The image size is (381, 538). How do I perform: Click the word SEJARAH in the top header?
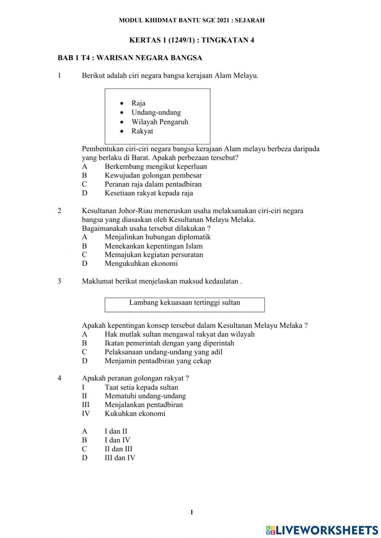[x=250, y=20]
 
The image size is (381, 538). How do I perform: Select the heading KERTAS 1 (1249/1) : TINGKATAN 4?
[x=192, y=40]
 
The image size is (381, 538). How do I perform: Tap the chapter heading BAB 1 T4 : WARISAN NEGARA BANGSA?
[x=130, y=58]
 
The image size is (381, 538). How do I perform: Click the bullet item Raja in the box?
[x=138, y=103]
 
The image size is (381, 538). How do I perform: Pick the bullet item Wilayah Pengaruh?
[x=160, y=122]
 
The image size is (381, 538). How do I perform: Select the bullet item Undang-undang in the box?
[x=156, y=112]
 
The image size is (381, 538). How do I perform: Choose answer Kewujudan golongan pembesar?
[x=153, y=176]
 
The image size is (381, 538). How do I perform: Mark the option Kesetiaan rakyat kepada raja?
[x=149, y=193]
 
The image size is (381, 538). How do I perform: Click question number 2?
[x=59, y=211]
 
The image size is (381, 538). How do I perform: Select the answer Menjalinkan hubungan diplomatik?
[x=157, y=237]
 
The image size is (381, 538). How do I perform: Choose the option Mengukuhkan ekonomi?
[x=141, y=263]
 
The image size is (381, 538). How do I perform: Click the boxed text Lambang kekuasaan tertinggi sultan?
[x=184, y=303]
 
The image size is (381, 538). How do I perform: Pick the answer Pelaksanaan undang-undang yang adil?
[x=163, y=352]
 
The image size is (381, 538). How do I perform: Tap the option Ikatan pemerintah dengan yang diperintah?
[x=169, y=343]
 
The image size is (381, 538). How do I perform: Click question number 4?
[x=59, y=378]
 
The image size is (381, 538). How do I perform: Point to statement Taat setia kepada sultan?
[x=141, y=388]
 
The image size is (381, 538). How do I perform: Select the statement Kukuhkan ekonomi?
[x=135, y=414]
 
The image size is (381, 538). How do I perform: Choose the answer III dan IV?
[x=120, y=458]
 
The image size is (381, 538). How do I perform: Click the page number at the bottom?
[x=192, y=512]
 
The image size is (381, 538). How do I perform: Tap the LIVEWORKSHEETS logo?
[x=322, y=530]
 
